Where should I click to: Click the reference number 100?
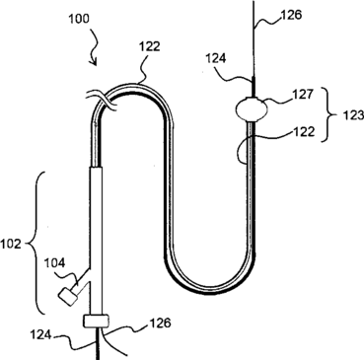[x=79, y=19]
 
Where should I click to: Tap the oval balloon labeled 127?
[x=252, y=108]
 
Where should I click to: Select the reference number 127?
[x=303, y=95]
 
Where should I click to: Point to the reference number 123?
[x=353, y=115]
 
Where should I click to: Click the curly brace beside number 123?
[x=330, y=114]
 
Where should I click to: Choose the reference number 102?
[x=11, y=244]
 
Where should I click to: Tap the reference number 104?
[x=54, y=262]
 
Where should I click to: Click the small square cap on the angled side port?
[x=68, y=296]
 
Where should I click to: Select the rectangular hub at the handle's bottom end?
[x=96, y=321]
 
